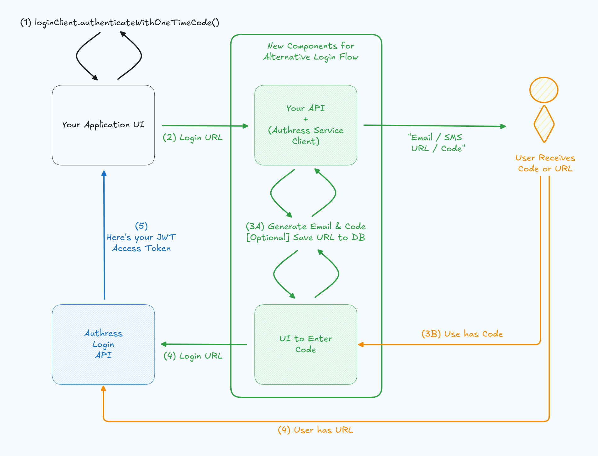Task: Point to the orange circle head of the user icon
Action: click(544, 90)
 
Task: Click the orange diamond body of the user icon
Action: click(544, 124)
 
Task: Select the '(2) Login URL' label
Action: click(193, 138)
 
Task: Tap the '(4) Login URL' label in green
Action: click(193, 356)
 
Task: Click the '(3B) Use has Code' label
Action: click(462, 334)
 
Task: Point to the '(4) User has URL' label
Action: click(315, 430)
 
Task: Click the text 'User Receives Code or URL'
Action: click(545, 163)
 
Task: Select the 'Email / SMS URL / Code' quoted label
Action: click(437, 143)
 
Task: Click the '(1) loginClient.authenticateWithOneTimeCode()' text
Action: click(120, 23)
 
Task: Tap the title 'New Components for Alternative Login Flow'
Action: click(311, 51)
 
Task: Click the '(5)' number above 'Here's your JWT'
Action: click(141, 226)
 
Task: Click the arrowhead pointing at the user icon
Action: click(503, 126)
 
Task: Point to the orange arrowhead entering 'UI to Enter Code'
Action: click(361, 344)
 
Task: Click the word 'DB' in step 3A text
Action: click(358, 237)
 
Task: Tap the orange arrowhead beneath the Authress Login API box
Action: click(103, 389)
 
